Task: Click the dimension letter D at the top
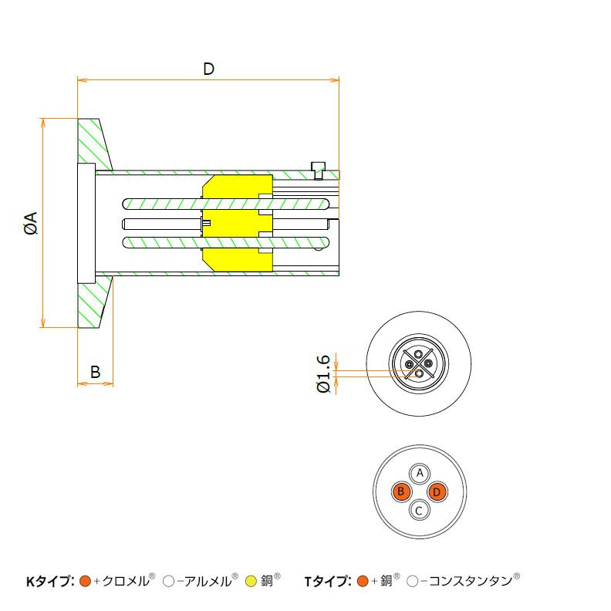(208, 69)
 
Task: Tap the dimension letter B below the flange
(95, 372)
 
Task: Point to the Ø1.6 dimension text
(324, 373)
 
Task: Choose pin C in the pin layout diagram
(419, 510)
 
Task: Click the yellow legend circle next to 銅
(251, 581)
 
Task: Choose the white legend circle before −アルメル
(168, 581)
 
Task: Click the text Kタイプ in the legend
(49, 581)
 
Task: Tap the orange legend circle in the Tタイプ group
(363, 581)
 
